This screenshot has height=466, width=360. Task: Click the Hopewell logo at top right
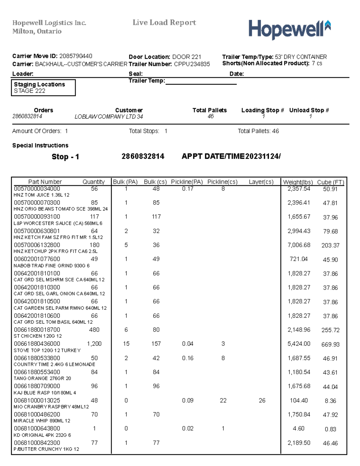coord(289,29)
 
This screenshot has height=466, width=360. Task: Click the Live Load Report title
coord(164,23)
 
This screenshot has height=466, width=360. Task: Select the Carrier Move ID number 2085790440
coord(76,56)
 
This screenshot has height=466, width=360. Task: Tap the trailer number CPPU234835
coord(192,64)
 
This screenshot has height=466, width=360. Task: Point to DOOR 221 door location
coord(187,57)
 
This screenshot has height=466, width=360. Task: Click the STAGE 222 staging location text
coord(29,91)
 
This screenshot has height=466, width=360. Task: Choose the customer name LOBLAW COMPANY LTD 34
coord(109,117)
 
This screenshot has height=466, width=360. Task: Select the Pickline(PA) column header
coord(187,182)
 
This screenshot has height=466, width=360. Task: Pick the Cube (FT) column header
coord(330,182)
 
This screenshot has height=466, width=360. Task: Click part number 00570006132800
coord(37,245)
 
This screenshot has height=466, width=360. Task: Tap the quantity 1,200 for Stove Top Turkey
coord(94,344)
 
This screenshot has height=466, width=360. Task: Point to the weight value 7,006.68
coord(299,245)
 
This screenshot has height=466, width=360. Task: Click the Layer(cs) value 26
coord(262,400)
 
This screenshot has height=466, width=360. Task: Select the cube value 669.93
coord(330,344)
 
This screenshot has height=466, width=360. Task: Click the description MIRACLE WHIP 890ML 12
coord(42,421)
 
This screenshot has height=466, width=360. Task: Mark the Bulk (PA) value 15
coord(126,344)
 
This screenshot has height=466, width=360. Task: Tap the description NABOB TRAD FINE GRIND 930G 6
coord(52,266)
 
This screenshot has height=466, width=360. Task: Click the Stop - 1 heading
coord(65,157)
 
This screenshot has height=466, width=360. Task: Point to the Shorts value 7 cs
coord(317,63)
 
